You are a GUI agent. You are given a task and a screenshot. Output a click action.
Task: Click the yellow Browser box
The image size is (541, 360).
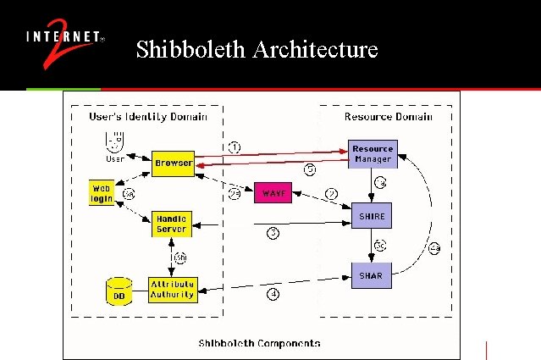pos(173,162)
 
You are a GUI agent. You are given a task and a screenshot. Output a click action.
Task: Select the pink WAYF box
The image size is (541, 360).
pos(274,193)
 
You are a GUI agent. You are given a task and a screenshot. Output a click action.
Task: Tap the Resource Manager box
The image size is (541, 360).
pos(372,153)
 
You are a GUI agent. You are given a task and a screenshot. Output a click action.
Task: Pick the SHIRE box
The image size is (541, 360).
pos(372,217)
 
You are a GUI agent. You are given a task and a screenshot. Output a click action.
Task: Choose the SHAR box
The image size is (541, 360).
pos(372,274)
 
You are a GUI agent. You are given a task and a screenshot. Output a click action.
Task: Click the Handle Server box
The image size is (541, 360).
pos(172,224)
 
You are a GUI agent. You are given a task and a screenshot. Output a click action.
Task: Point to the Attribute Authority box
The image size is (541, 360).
pos(172,290)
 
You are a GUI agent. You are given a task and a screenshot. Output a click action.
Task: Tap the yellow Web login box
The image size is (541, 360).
pos(102,192)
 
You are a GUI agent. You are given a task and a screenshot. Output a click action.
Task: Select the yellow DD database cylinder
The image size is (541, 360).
pos(119,291)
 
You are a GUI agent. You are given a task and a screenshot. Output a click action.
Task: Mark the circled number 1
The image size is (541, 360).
pos(235,147)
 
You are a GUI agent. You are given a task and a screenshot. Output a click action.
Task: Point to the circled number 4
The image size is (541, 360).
pos(273,294)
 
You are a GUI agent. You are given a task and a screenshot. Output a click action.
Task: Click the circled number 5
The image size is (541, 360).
pos(311,169)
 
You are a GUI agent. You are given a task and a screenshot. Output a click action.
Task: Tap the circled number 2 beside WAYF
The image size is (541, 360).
pos(332,194)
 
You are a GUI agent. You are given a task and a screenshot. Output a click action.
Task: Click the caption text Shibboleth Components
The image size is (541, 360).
pos(259,342)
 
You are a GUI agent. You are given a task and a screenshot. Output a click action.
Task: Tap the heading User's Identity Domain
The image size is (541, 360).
pos(147,116)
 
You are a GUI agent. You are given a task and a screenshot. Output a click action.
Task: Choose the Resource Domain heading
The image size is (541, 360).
pos(388,116)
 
